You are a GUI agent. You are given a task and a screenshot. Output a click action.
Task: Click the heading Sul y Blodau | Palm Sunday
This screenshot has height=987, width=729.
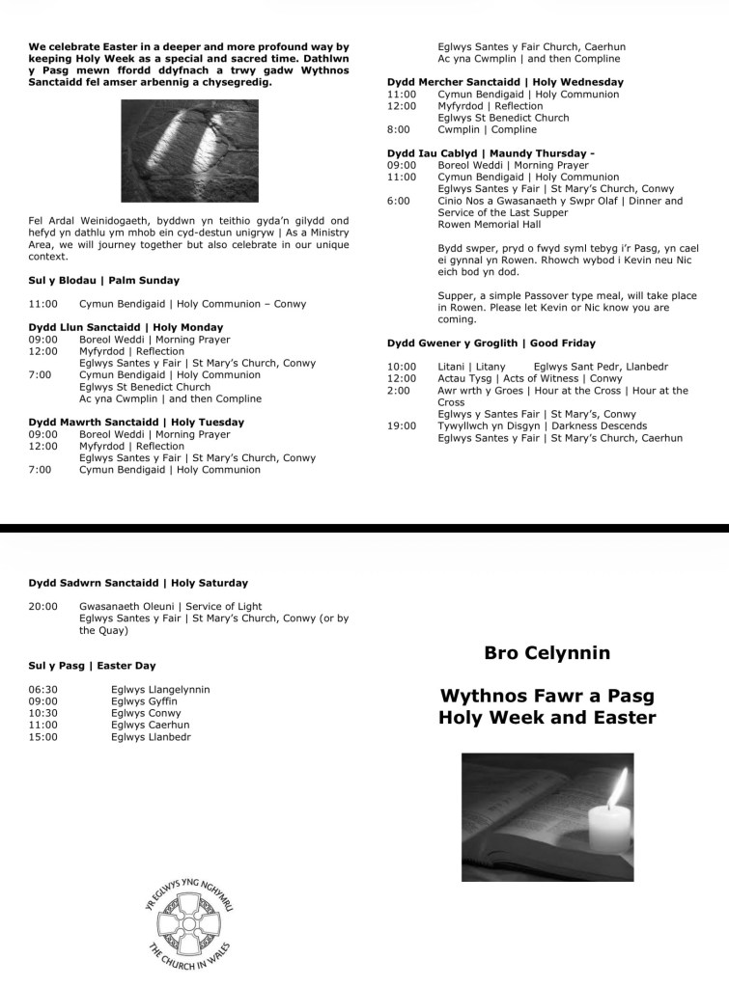click(103, 281)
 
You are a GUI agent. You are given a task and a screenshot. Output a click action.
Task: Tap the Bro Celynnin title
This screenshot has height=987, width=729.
click(547, 653)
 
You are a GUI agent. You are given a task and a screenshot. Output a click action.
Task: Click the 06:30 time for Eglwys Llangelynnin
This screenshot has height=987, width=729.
click(43, 690)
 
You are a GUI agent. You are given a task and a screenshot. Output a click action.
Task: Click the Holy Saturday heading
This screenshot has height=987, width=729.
click(138, 583)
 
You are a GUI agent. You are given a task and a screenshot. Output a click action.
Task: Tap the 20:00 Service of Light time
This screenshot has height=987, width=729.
click(43, 607)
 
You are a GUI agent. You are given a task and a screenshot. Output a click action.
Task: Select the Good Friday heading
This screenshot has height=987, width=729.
click(491, 343)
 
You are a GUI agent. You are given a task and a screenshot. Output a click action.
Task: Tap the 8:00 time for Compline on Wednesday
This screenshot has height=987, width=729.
click(399, 129)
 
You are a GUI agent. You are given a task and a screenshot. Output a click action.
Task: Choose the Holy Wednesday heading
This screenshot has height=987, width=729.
click(505, 82)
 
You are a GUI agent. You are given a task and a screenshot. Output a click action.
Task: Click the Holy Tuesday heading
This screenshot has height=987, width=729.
click(136, 423)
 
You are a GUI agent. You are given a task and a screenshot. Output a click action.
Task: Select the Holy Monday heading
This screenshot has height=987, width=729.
click(126, 328)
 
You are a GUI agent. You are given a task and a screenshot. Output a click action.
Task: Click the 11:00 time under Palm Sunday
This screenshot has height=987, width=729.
click(43, 304)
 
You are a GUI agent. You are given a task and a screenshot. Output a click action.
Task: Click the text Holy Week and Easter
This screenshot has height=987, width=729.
click(547, 718)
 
